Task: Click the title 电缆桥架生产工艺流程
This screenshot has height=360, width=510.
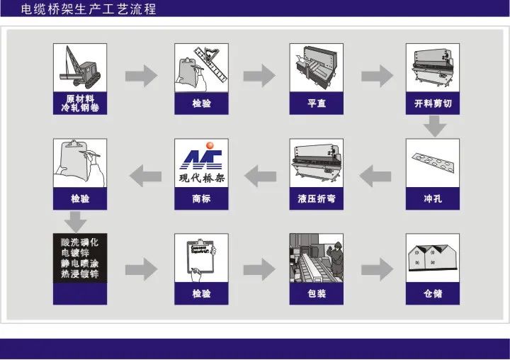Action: point(89,9)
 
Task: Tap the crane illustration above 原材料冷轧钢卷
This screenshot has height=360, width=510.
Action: point(80,67)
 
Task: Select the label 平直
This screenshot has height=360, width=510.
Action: point(317,104)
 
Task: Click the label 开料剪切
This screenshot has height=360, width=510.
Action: point(433,104)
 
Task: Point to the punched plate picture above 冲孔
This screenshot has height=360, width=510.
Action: point(433,162)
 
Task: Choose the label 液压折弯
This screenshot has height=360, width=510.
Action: point(317,199)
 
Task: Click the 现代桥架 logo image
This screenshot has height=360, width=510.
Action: point(202,162)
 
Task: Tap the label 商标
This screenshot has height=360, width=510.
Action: point(202,199)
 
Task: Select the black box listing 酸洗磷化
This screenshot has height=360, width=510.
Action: point(80,257)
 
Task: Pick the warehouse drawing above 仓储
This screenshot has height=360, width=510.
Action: point(433,257)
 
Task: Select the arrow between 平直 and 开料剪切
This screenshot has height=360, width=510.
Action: point(376,75)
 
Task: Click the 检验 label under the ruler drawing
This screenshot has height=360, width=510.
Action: point(202,104)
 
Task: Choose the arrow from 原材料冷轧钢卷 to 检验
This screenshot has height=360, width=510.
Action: point(142,75)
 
